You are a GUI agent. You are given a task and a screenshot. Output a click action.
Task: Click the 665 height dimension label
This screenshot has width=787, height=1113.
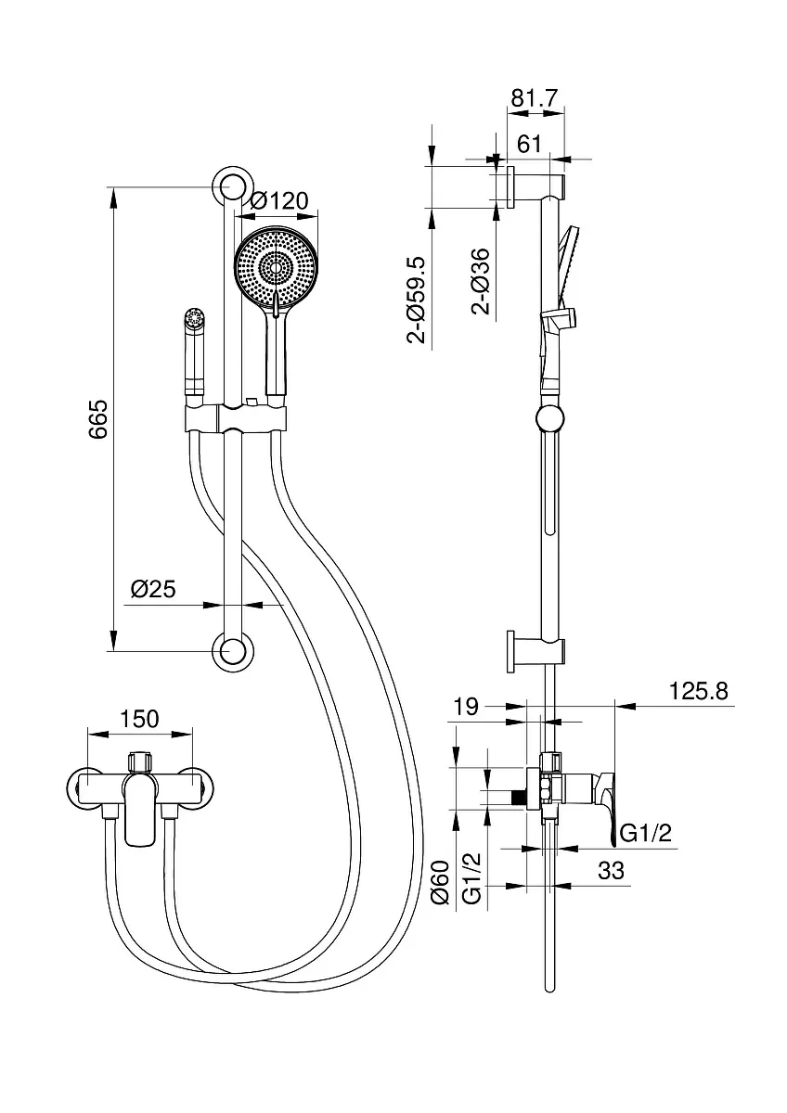pos(98,418)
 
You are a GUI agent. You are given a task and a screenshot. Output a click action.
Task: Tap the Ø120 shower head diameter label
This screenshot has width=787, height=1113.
pos(279,200)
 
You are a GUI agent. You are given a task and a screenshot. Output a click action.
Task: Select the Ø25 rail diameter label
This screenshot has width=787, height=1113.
pos(153,589)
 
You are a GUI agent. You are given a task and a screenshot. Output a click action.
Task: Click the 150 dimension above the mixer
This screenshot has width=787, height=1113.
pos(140,719)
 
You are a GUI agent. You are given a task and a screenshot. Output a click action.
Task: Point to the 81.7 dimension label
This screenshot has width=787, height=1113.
pos(535,98)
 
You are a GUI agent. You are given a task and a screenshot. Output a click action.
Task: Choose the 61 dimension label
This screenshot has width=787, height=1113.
pos(529,144)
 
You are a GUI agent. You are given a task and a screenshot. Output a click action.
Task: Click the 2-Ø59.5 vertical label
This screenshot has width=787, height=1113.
pos(417,300)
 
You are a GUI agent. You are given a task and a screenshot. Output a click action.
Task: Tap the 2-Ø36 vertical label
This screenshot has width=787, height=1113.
pos(481,281)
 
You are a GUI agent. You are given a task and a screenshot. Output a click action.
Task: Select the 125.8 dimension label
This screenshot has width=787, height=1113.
pos(699,691)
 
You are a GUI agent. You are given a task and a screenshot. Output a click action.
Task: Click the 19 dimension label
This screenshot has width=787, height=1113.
pos(466,706)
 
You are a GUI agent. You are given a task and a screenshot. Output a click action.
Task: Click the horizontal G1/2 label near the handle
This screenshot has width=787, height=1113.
pos(646,834)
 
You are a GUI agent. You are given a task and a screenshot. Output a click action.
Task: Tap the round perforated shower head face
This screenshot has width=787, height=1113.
pos(275,268)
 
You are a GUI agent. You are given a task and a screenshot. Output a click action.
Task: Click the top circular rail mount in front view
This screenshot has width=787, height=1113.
pos(233,186)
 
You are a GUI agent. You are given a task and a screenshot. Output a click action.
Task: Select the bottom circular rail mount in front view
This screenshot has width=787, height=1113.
pos(233,651)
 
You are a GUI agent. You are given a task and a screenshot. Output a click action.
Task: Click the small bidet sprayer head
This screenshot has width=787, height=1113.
pos(194,318)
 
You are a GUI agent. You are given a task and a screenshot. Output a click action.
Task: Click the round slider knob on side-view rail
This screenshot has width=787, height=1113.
pos(550,418)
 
